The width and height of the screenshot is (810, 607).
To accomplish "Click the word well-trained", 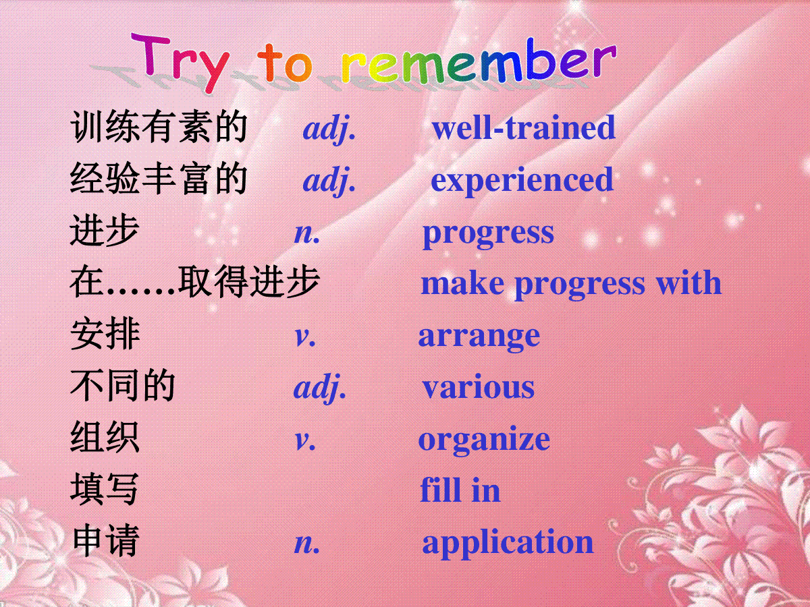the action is [x=524, y=127].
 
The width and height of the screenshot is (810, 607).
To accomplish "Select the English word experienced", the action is [x=522, y=181].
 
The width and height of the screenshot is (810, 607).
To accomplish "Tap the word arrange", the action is [x=479, y=337].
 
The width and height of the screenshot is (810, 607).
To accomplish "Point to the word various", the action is [x=479, y=387].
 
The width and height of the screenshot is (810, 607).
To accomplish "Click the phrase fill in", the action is [x=460, y=490].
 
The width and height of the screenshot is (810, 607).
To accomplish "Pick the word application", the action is [x=508, y=543].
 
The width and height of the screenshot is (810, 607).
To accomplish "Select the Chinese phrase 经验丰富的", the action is [x=159, y=179].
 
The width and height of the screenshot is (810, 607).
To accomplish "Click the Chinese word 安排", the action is [x=105, y=335].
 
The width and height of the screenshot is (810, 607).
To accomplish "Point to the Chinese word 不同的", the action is [x=123, y=386].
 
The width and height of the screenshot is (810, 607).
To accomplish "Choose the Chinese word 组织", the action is [x=105, y=437].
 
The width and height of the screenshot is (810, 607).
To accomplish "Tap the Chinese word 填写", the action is [x=105, y=490].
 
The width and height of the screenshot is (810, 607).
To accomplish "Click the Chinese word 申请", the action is [x=105, y=541].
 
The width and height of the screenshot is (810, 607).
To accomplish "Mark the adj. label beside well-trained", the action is [x=329, y=129].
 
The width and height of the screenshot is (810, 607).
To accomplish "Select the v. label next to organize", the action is [x=305, y=441].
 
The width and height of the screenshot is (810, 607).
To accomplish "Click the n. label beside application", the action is [x=307, y=544].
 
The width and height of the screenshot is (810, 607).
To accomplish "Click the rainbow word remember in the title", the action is [x=479, y=61].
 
